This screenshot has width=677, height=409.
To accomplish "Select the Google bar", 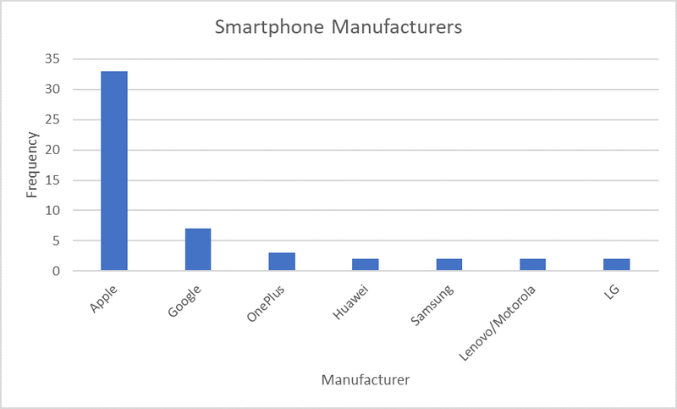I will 198,250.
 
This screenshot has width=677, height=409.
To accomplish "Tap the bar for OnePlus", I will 282,262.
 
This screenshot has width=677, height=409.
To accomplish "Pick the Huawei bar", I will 366,265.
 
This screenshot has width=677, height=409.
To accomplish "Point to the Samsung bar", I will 449,265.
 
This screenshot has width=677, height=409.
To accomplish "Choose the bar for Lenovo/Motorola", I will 533,265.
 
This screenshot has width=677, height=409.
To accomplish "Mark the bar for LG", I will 617,265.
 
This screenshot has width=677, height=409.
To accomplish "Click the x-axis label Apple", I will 106,299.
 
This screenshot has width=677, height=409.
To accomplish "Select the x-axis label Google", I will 185,301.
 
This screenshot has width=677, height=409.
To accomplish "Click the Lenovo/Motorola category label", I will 499,321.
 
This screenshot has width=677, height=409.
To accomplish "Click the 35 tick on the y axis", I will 53,59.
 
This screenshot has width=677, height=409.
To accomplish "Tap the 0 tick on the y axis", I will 57,271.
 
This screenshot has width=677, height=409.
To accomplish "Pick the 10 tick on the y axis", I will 53,210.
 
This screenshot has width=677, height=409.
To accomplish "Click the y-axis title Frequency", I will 32,165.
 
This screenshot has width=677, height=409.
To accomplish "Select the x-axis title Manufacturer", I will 366,380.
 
